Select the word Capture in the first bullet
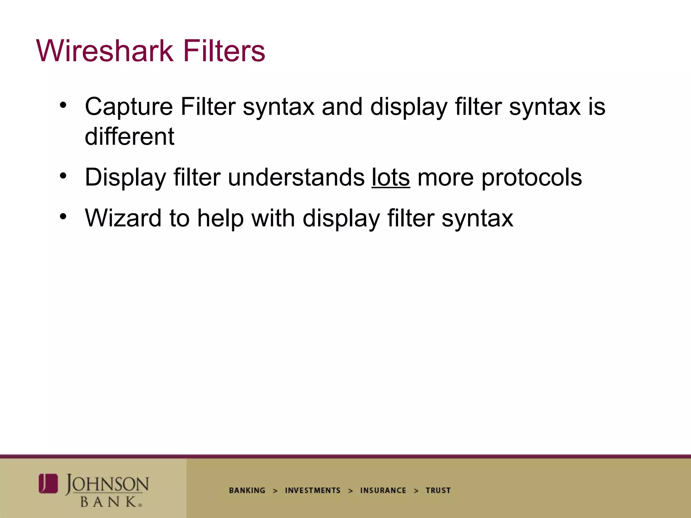click(x=129, y=107)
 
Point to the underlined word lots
click(x=391, y=177)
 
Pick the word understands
click(x=296, y=177)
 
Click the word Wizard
click(x=123, y=218)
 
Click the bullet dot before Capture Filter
click(x=63, y=105)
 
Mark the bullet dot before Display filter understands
click(x=63, y=176)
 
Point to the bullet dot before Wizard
click(x=63, y=217)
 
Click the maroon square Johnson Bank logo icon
click(x=48, y=483)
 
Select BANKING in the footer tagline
click(x=247, y=490)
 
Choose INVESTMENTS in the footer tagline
click(x=313, y=490)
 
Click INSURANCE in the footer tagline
click(x=383, y=490)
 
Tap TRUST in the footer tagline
click(x=438, y=490)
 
